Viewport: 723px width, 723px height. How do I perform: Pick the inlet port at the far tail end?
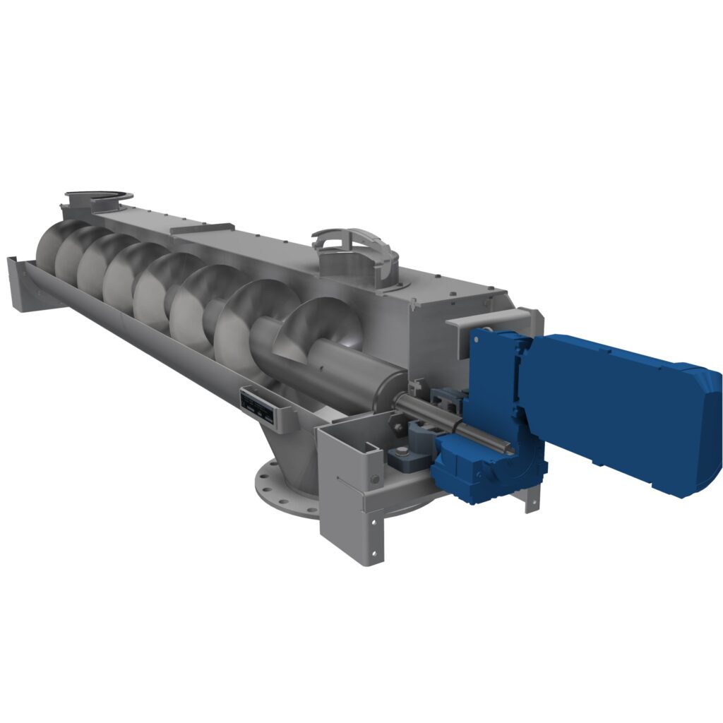(97, 201)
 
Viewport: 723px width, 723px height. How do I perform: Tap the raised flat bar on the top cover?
(201, 229)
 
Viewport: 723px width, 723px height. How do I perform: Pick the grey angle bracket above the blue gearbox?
(494, 321)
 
